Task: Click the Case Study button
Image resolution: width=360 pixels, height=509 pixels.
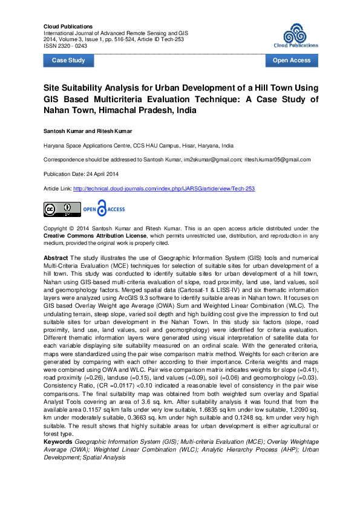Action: pyautogui.click(x=68, y=60)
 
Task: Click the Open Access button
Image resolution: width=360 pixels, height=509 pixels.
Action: pyautogui.click(x=292, y=60)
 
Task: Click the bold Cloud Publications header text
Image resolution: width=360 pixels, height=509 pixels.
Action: pyautogui.click(x=68, y=27)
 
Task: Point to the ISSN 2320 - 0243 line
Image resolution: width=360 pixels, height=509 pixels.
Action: pyautogui.click(x=65, y=45)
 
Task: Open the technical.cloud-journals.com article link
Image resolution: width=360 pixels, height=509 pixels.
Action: pyautogui.click(x=163, y=189)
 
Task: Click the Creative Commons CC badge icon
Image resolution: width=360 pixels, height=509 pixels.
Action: pyautogui.click(x=62, y=209)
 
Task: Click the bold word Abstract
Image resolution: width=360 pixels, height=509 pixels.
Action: pyautogui.click(x=56, y=257)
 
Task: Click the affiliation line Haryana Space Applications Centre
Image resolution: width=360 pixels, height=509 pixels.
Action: pyautogui.click(x=138, y=146)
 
